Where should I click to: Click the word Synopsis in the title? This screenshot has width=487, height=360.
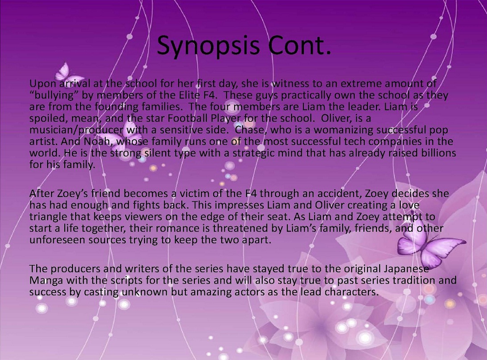click(x=208, y=45)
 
